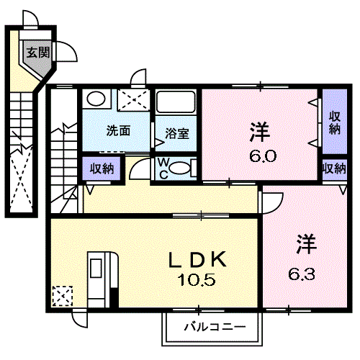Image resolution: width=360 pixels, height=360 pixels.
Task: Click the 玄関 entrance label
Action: pyautogui.click(x=38, y=53)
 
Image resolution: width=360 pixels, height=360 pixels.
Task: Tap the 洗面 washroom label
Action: pyautogui.click(x=118, y=131)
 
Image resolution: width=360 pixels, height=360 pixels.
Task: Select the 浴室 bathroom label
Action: pyautogui.click(x=177, y=134)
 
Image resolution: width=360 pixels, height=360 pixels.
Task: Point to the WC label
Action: pyautogui.click(x=163, y=168)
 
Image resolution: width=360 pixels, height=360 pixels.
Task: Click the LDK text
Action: pyautogui.click(x=197, y=259)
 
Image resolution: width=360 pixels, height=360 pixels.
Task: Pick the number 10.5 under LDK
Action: pyautogui.click(x=197, y=280)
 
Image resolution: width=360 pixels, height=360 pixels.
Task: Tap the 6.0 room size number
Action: pyautogui.click(x=263, y=156)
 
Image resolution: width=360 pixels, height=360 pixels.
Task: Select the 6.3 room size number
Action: pyautogui.click(x=302, y=274)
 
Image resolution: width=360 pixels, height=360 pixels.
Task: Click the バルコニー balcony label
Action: pyautogui.click(x=215, y=327)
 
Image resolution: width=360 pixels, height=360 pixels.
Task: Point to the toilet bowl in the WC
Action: pyautogui.click(x=180, y=168)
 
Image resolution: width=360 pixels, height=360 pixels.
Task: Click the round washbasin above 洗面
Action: pyautogui.click(x=96, y=99)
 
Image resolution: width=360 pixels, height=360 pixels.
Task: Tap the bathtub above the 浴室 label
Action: pyautogui.click(x=176, y=102)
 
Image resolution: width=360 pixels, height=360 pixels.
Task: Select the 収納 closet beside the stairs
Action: pyautogui.click(x=102, y=168)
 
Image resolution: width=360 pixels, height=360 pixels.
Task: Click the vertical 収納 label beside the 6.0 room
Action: pyautogui.click(x=335, y=123)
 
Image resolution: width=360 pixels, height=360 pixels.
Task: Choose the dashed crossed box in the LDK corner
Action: pyautogui.click(x=63, y=296)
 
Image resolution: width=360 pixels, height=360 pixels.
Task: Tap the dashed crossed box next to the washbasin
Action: pyautogui.click(x=133, y=100)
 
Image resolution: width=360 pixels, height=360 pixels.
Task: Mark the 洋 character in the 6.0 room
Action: pyautogui.click(x=259, y=132)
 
